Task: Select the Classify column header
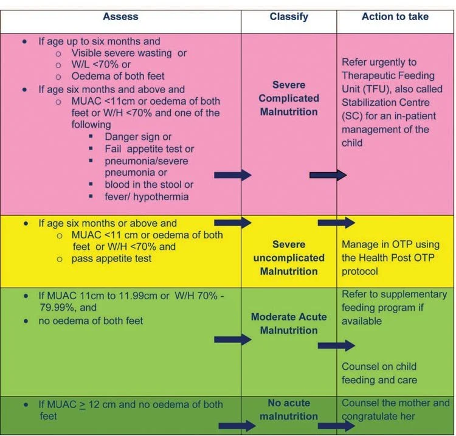coord(289,16)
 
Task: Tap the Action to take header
coord(395,16)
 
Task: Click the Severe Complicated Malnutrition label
coord(288,99)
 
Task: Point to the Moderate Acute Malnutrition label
coord(288,324)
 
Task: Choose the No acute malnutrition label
coord(289,410)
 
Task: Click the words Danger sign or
coord(138,137)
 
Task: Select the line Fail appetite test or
coord(150,149)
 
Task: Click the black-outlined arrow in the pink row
coord(328,175)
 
